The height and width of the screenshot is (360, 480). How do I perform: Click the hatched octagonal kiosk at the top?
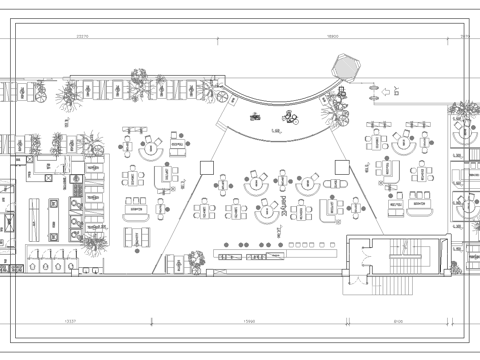tap(344, 65)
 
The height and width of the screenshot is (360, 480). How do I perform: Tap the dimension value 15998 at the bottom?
tap(250, 321)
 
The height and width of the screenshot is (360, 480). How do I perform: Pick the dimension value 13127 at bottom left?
tap(70, 321)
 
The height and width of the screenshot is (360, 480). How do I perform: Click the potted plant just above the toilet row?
tap(95, 241)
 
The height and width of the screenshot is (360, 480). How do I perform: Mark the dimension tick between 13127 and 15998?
tap(151, 321)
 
